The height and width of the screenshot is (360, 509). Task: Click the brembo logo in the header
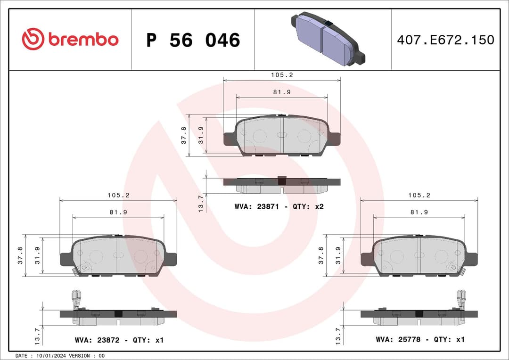tap(70, 40)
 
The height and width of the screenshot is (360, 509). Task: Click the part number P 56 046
tap(193, 41)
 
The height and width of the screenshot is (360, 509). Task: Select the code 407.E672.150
tap(445, 40)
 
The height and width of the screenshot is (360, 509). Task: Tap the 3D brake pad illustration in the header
tap(328, 39)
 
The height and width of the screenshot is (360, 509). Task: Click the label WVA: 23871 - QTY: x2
tap(279, 206)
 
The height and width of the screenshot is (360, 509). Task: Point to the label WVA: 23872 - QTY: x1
tap(119, 340)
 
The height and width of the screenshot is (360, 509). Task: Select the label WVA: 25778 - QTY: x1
tap(420, 339)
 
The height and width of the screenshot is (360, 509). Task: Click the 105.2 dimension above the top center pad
tap(282, 75)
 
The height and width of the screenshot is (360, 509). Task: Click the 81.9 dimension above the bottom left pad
tap(118, 212)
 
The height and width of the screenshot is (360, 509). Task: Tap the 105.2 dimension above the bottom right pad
tap(419, 195)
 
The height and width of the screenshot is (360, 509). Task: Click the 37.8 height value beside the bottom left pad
tap(20, 255)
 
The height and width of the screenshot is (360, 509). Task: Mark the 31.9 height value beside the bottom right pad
tap(338, 255)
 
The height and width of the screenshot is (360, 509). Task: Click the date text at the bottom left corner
tap(60, 355)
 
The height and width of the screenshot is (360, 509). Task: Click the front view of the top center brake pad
tap(281, 136)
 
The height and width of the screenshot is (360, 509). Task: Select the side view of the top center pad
tap(281, 185)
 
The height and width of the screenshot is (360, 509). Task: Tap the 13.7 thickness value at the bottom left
tap(37, 335)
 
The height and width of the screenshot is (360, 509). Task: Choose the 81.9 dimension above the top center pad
tap(281, 92)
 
